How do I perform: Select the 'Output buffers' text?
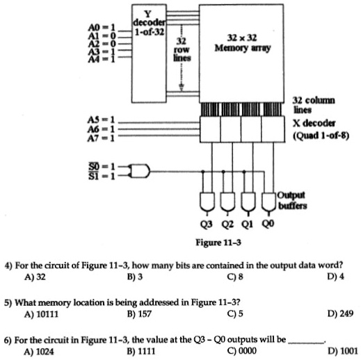click(295, 200)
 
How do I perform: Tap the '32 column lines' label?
click(314, 105)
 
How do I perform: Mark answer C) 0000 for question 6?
click(240, 351)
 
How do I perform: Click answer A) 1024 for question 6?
click(38, 351)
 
